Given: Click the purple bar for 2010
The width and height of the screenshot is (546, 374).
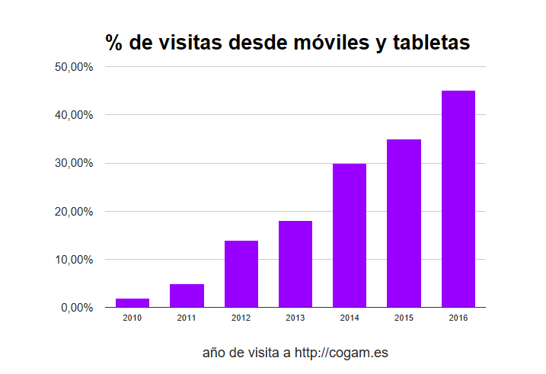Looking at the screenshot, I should (133, 303).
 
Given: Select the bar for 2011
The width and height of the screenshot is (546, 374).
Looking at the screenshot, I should (187, 296).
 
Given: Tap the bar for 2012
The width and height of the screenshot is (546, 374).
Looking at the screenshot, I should (241, 274).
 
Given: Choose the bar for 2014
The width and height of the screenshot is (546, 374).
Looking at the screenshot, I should (350, 235).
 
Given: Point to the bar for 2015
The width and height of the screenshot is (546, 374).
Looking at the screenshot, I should (404, 223).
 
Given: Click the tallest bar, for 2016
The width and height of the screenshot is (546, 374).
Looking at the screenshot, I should (458, 199).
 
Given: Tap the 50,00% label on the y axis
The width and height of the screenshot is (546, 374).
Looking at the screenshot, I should (75, 67).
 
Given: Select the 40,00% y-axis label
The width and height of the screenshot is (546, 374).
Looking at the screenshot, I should (75, 115).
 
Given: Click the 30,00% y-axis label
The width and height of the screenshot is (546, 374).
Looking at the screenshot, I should (75, 163).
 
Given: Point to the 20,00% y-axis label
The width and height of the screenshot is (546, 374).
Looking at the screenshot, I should (75, 212).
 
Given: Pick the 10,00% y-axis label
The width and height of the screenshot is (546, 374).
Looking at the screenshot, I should (75, 260).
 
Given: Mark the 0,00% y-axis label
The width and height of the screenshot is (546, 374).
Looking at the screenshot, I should (78, 308).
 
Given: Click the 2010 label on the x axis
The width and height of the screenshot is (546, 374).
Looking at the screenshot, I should (133, 318).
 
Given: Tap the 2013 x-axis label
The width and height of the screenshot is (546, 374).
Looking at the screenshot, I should (295, 318).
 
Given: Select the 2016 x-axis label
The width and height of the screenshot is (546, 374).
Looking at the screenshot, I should (458, 318).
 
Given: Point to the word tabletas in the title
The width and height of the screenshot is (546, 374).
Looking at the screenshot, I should (432, 43).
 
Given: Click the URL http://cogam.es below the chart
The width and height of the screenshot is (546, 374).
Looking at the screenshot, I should (342, 353).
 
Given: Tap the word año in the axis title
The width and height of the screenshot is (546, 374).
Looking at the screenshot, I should (214, 353).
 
